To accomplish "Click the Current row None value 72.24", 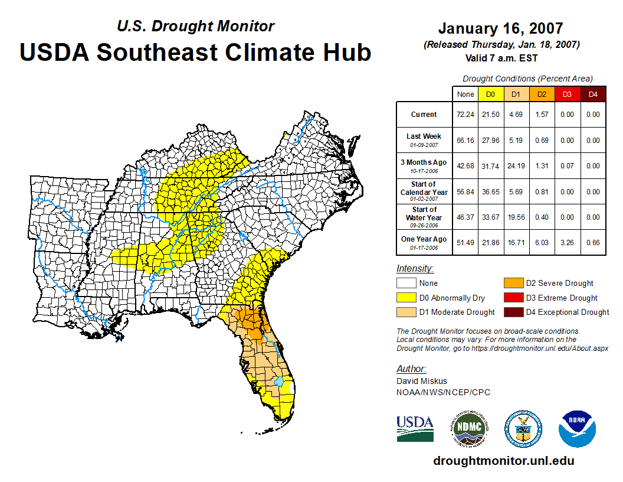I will [465, 115].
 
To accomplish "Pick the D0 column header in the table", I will [490, 94].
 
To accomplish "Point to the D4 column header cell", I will [593, 94].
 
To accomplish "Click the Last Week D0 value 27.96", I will [490, 141].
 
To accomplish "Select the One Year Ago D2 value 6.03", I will [542, 242].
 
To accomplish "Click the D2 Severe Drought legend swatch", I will [513, 284].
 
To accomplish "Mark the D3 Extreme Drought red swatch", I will [513, 298].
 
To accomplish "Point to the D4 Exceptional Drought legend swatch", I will [513, 312].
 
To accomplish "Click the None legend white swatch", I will [406, 284].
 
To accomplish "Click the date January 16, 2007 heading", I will [500, 28].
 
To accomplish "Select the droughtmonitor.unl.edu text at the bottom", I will [503, 461].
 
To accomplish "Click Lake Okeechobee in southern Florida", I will [279, 383].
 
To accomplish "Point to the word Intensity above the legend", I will [415, 269].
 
